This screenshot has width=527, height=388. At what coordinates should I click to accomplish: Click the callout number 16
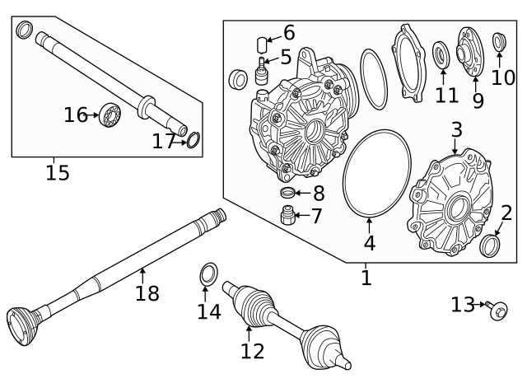[75, 115]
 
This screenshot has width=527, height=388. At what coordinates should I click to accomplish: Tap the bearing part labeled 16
[109, 115]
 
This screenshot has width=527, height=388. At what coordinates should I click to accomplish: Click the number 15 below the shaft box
[57, 172]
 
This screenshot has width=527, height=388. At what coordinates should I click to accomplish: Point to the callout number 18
[147, 292]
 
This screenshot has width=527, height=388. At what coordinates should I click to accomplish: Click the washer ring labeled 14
[208, 273]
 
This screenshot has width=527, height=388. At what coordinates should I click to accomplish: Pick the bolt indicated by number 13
[498, 310]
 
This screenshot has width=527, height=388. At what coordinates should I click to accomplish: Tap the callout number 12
[252, 351]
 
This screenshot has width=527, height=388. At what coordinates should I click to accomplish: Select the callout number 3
[456, 130]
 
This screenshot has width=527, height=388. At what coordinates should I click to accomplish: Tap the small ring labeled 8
[288, 194]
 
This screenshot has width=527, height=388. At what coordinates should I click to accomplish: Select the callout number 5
[286, 57]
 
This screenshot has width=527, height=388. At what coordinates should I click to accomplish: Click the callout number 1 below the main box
[366, 278]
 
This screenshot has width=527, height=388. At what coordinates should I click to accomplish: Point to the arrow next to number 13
[480, 306]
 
